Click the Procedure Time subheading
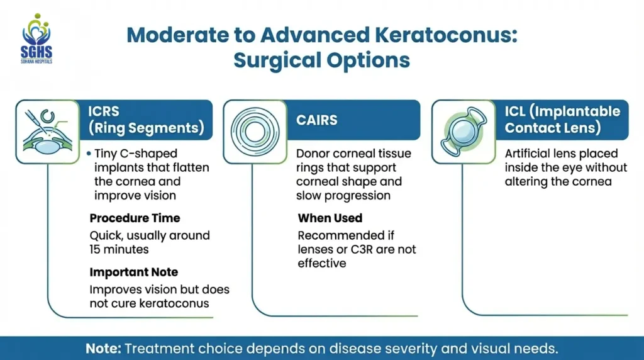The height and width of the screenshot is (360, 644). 135,218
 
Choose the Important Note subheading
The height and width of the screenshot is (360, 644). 133,273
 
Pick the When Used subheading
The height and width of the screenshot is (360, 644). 330,218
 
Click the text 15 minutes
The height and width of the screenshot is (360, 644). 119,249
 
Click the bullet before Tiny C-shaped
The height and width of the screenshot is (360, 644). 90,154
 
